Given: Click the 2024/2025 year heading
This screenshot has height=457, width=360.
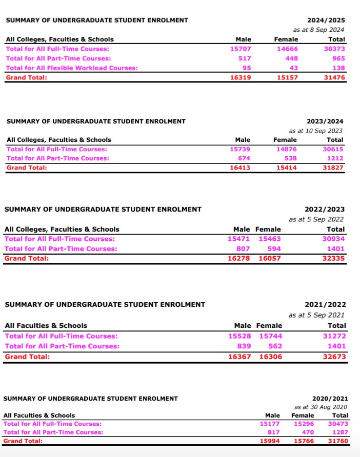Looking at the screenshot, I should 326,20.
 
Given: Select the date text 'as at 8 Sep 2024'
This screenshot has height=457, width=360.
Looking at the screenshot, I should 318,30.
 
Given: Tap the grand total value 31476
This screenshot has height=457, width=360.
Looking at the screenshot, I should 334,77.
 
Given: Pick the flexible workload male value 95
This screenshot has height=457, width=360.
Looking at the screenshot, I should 246,68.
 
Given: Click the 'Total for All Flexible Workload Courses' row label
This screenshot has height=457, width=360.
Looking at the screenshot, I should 71,68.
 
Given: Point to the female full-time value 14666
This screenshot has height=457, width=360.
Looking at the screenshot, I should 287,49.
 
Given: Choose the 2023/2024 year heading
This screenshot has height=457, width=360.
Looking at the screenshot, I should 325,121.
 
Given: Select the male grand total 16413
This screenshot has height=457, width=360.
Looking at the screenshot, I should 240,168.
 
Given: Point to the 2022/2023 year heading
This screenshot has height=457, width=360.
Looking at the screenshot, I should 325,210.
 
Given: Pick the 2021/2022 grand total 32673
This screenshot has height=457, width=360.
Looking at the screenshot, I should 335,357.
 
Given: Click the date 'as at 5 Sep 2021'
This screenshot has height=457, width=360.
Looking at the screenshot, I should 316,315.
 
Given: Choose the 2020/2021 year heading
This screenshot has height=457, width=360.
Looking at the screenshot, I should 330,398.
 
